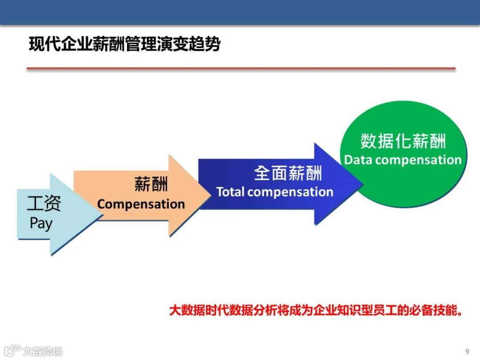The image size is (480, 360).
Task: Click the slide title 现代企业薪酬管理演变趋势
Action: coord(124,45)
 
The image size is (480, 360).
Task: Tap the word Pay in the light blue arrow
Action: coord(41,223)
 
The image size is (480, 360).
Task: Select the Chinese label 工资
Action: coord(44,204)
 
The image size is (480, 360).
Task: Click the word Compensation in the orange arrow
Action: coord(141,204)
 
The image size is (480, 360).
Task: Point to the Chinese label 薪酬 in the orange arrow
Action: coord(151,184)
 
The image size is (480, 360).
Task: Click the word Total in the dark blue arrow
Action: coord(230,192)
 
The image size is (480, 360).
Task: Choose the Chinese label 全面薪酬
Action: coord(288,173)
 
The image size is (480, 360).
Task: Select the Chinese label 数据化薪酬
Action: coord(403,141)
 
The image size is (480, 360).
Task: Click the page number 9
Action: coord(467,351)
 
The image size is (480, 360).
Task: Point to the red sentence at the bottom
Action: coord(316,310)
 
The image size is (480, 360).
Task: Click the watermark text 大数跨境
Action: coord(43,351)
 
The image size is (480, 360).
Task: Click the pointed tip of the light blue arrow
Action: coord(103,215)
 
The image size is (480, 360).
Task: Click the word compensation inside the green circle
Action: coord(418,160)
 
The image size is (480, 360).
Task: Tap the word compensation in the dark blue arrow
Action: coord(290,192)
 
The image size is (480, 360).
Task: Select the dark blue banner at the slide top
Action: coord(240,12)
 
